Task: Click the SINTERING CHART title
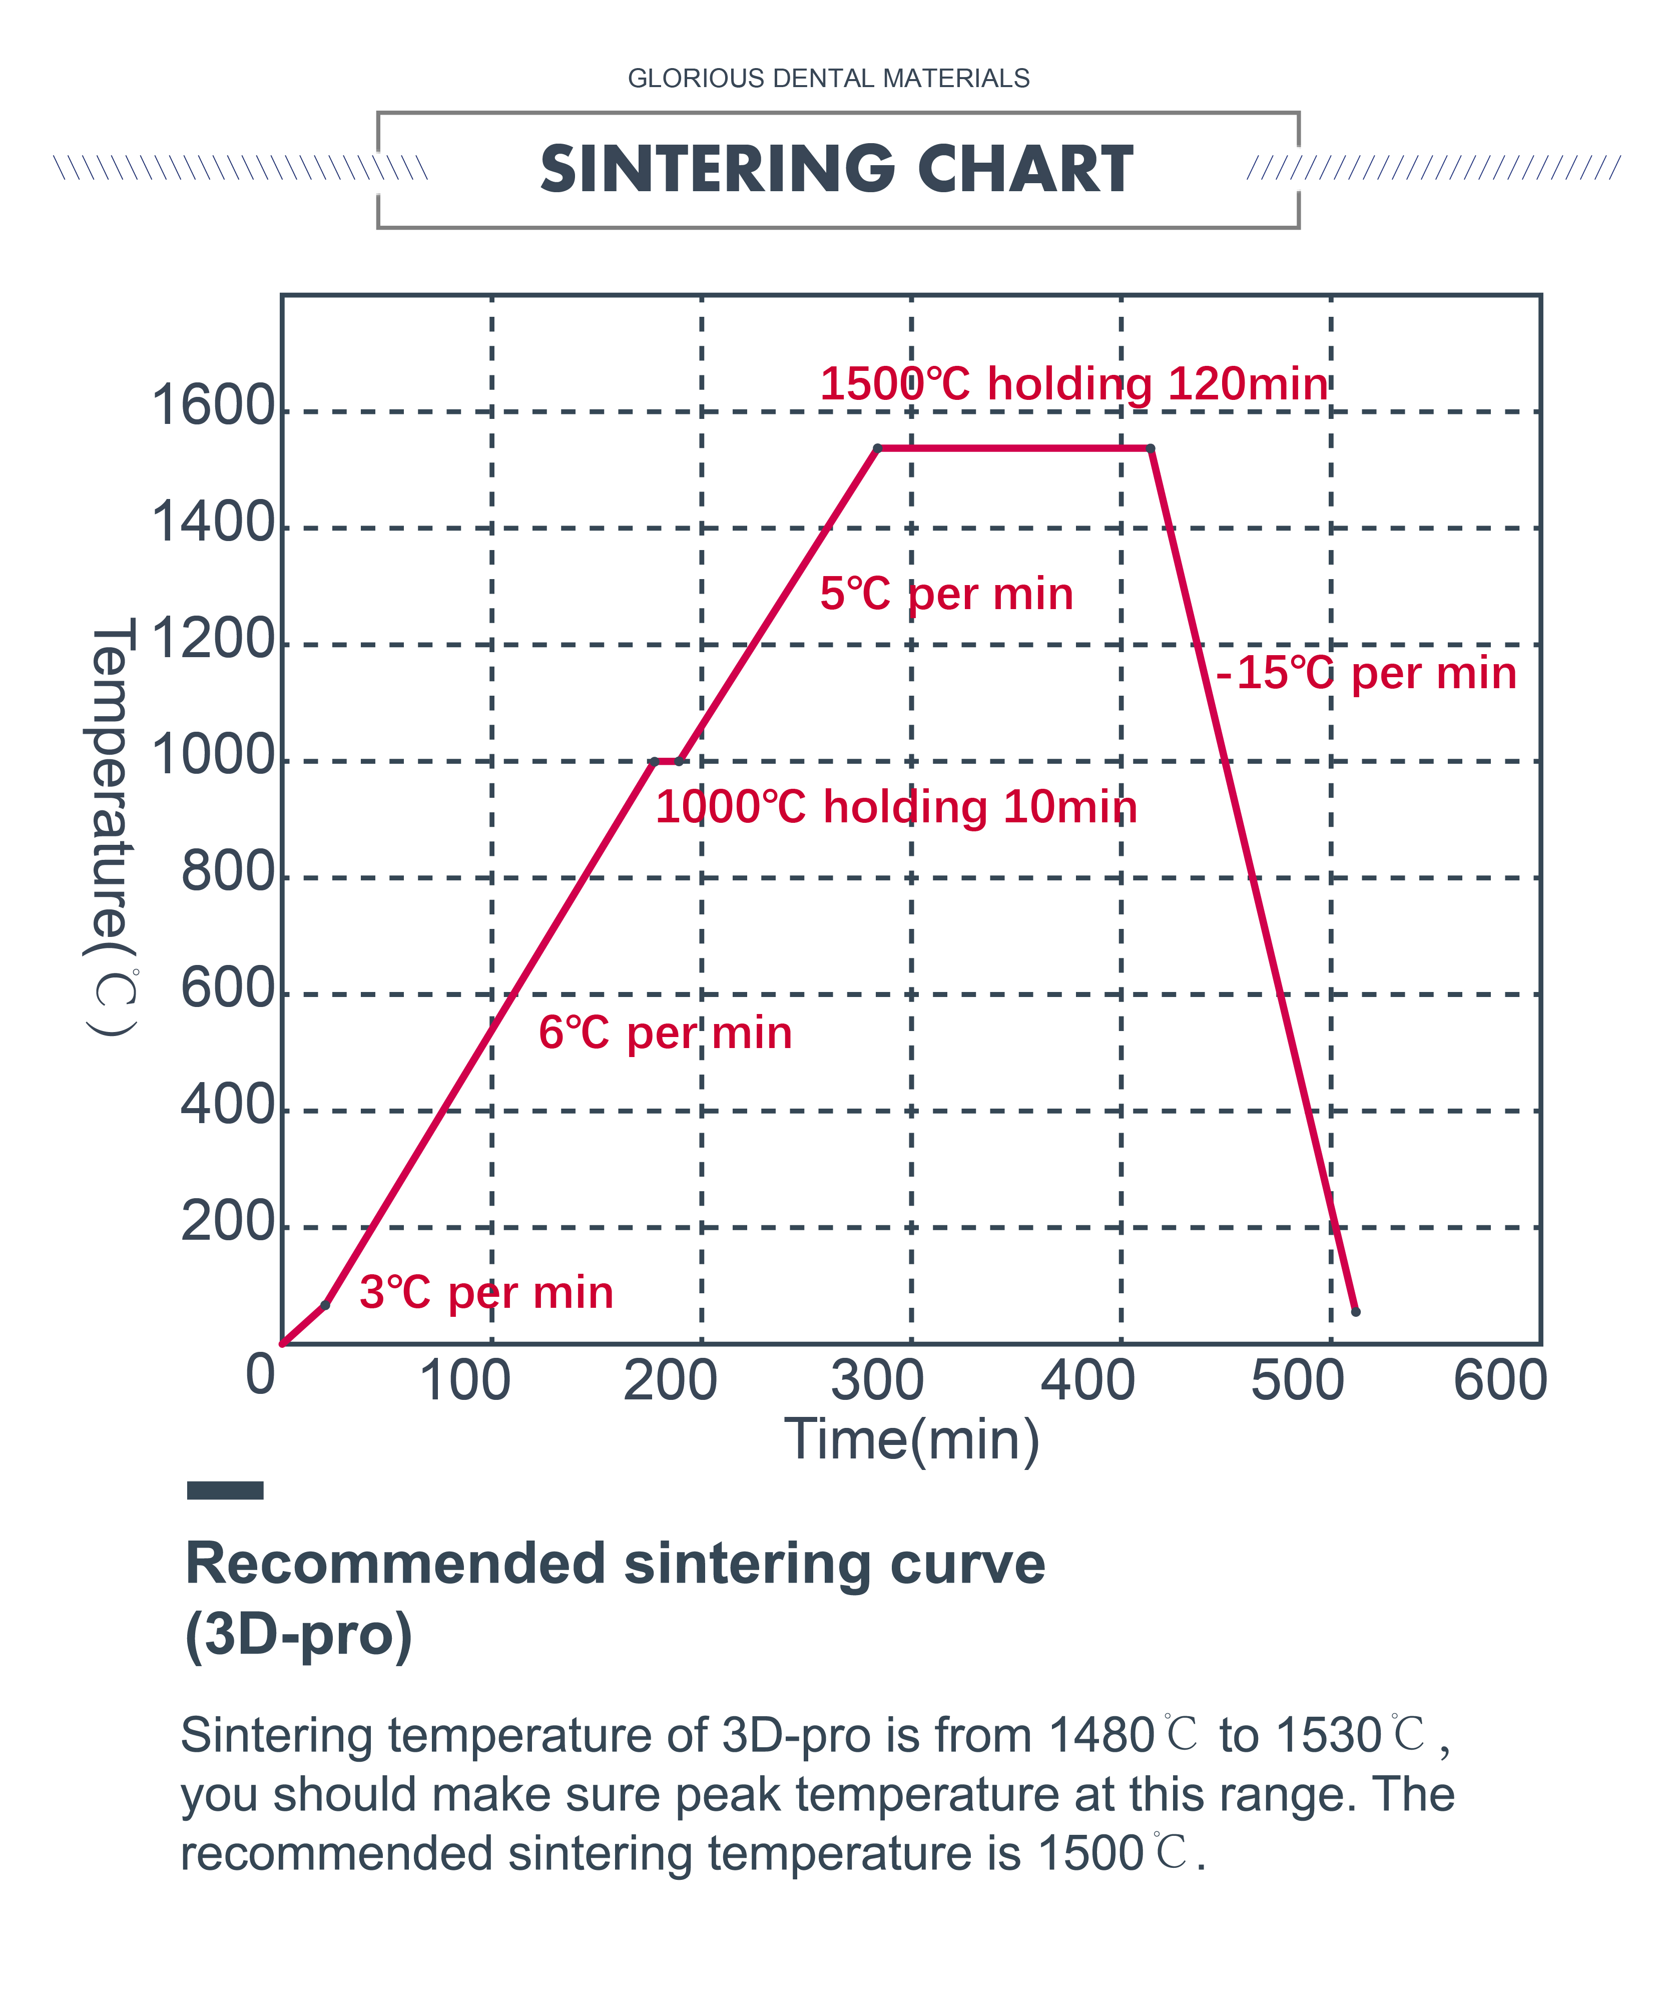tap(836, 169)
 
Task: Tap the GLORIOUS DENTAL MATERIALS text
tap(828, 78)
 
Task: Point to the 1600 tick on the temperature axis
tap(213, 406)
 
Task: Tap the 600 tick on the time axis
tap(1499, 1380)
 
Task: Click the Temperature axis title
tap(112, 826)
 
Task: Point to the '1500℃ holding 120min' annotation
tap(1073, 384)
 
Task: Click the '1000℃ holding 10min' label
tap(896, 807)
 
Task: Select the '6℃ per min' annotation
tap(666, 1033)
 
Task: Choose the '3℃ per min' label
tap(486, 1293)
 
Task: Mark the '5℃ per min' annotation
tap(946, 594)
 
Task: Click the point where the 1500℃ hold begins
tap(877, 448)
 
